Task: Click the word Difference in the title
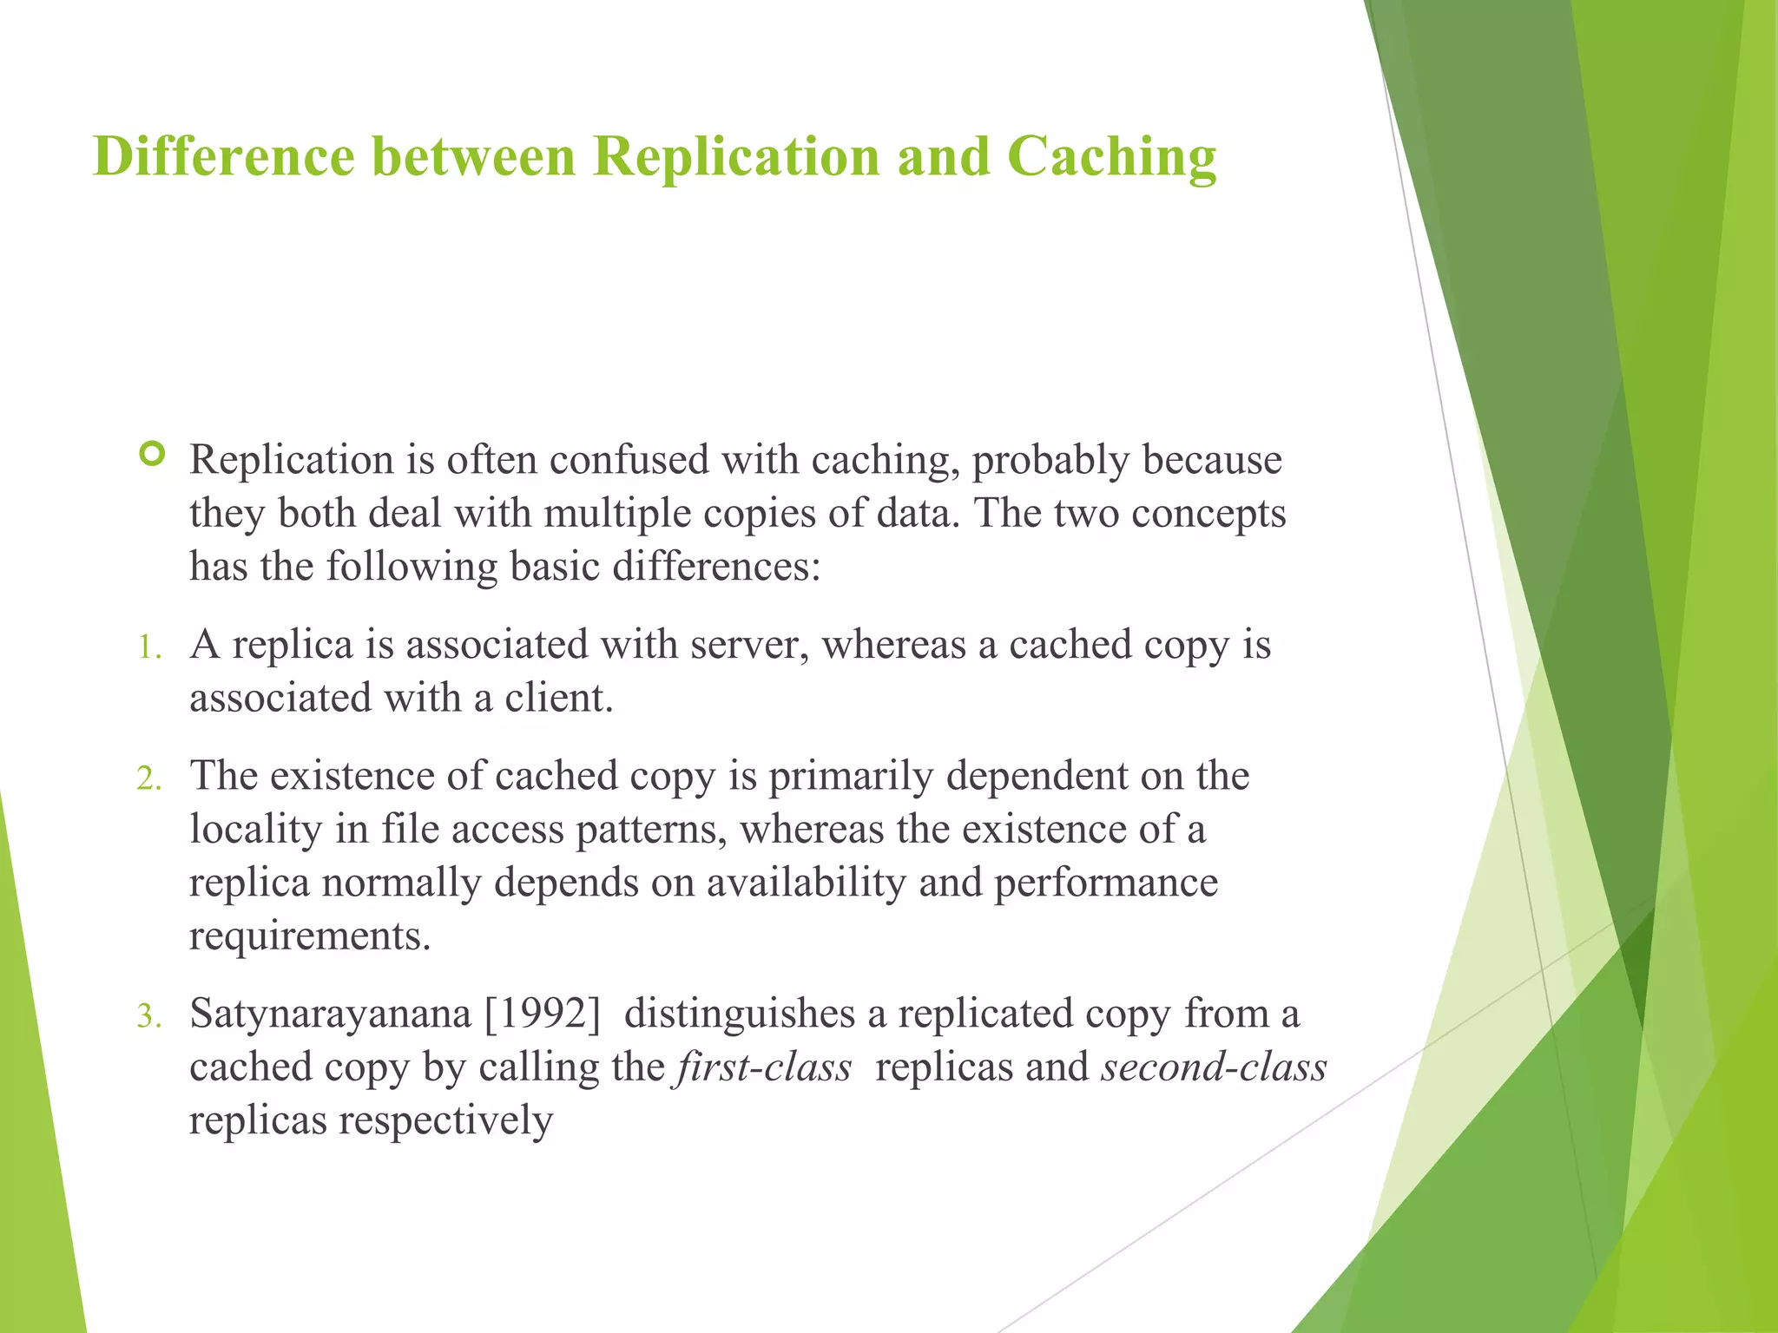click(223, 157)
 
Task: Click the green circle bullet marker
click(152, 454)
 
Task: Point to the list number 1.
click(149, 647)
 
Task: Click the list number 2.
click(149, 778)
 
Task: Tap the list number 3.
click(149, 1016)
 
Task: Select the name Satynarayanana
click(330, 1014)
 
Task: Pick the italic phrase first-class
click(764, 1067)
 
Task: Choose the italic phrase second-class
click(1214, 1067)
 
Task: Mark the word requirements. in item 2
click(310, 936)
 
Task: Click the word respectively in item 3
click(445, 1120)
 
